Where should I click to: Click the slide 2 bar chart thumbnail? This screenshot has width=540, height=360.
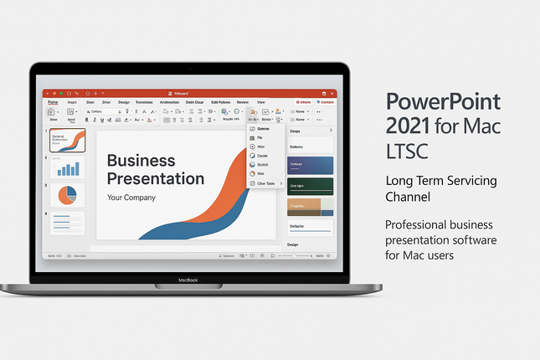(x=67, y=168)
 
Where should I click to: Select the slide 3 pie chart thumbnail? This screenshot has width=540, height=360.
(x=67, y=195)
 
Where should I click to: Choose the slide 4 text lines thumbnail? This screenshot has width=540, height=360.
(x=67, y=223)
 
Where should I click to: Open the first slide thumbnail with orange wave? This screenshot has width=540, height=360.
(x=67, y=140)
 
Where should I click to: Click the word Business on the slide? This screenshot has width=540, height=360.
(x=141, y=160)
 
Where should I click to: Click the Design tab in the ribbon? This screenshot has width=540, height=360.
(x=124, y=102)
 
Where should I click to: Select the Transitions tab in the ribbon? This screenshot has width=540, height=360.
(x=148, y=102)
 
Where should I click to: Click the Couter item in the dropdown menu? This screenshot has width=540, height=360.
(x=263, y=156)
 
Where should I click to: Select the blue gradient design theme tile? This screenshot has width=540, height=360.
(x=311, y=165)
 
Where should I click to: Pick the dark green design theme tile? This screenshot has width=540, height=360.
(x=311, y=186)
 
